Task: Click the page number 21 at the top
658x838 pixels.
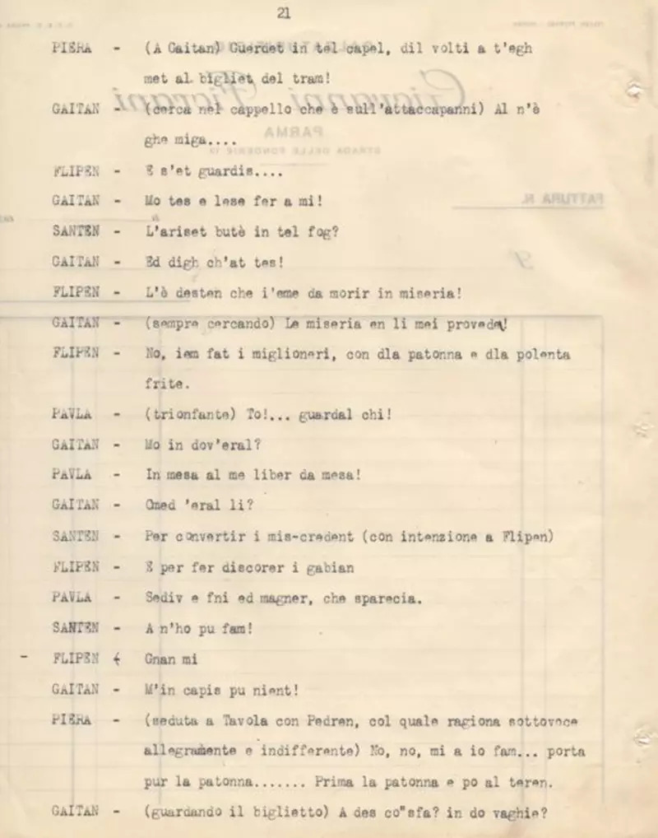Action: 284,12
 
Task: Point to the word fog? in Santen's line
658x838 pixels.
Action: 326,232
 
